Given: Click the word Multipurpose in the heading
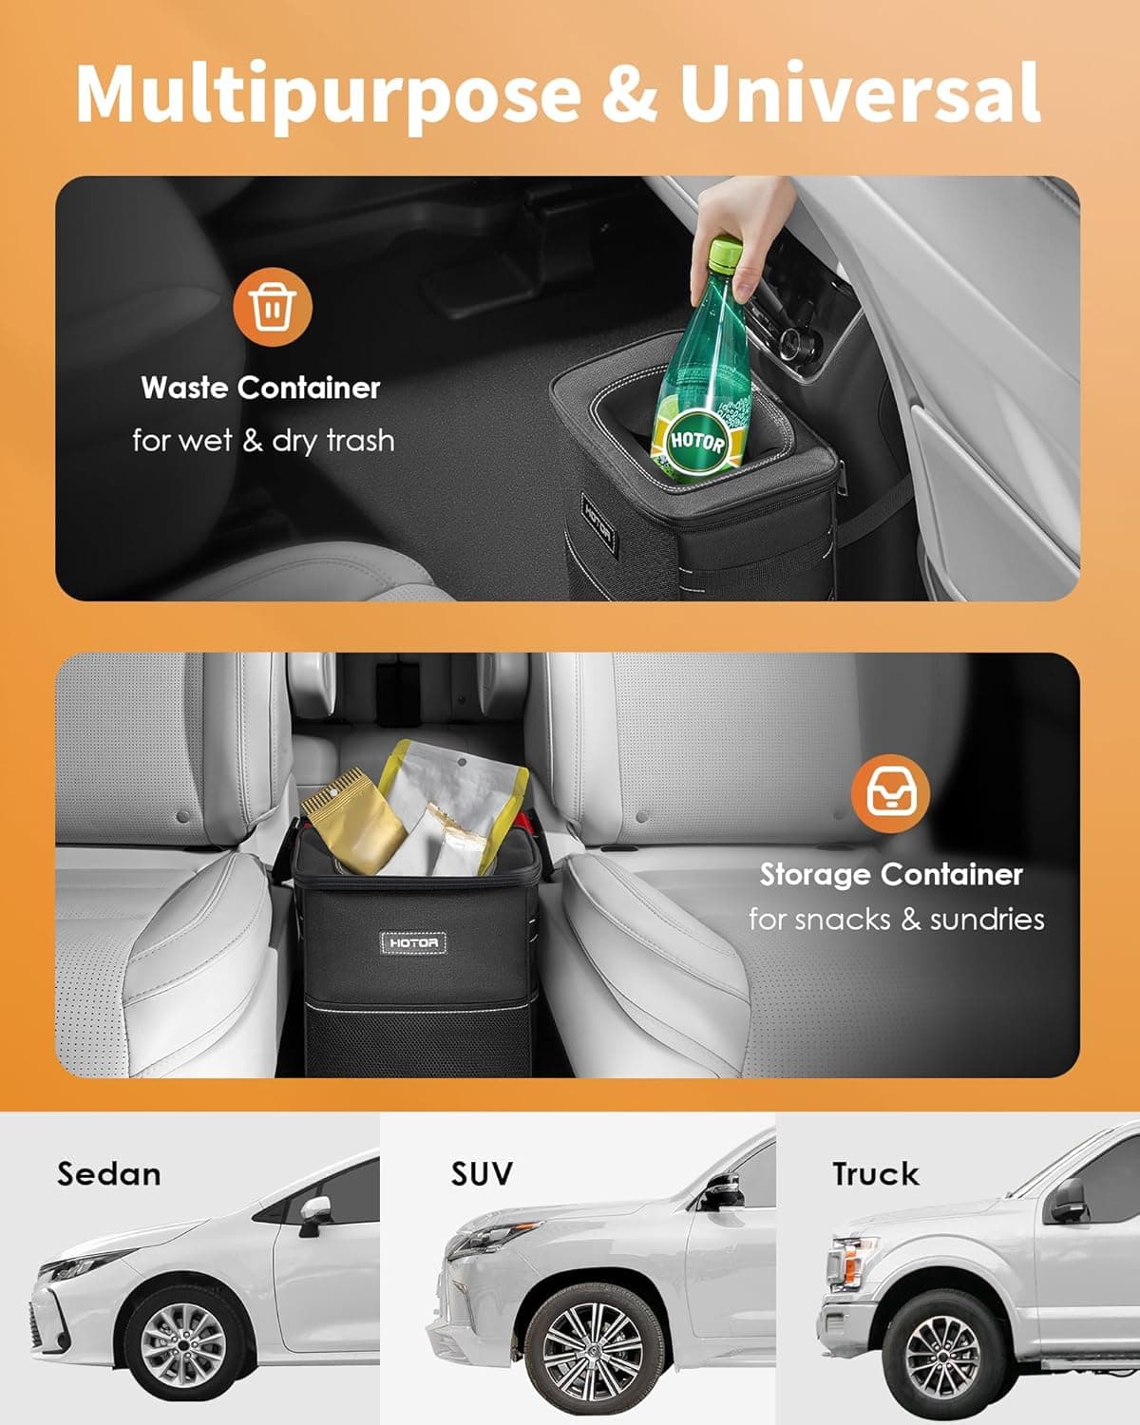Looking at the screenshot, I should [327, 93].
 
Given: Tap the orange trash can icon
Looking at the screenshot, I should [273, 305].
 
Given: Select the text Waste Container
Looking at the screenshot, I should [260, 388].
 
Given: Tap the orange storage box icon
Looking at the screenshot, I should [890, 793].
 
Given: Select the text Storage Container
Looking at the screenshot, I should [891, 874].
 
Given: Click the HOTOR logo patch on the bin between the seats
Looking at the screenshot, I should [413, 942].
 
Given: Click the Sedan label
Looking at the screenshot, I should [108, 1174].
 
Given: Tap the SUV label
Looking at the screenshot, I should [482, 1174].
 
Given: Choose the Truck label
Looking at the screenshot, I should [875, 1174].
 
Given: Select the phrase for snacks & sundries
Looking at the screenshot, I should [896, 920].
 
